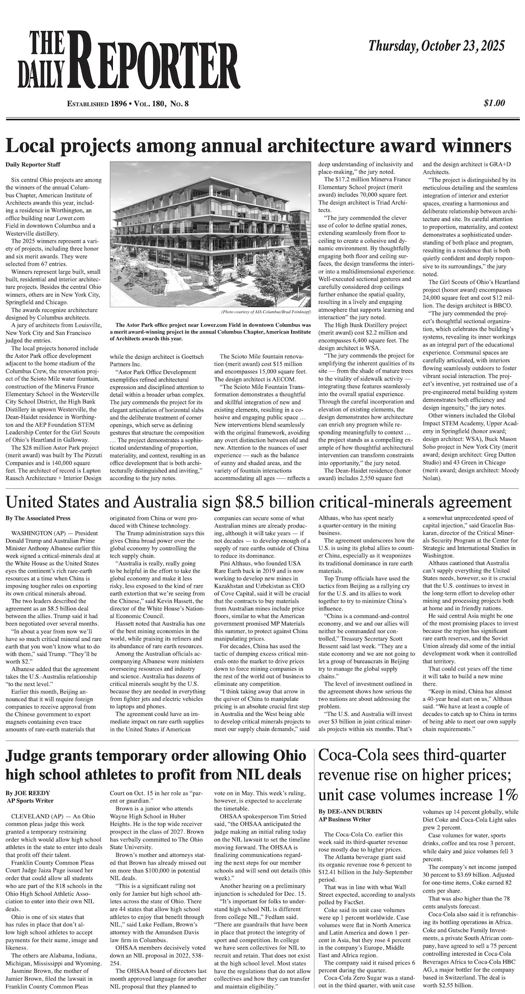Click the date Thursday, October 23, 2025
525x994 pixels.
point(436,47)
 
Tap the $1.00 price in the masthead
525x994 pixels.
point(494,103)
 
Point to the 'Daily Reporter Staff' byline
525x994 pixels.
point(33,165)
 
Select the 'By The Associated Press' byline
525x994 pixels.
point(38,518)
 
